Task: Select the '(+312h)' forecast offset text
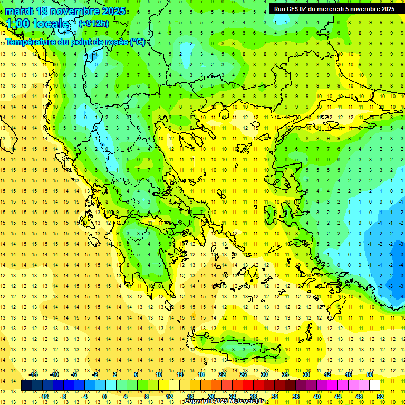(x=93, y=23)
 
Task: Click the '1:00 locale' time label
(x=38, y=24)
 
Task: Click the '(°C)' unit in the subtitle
(x=138, y=42)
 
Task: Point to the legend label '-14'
(x=33, y=374)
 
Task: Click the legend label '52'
(x=380, y=396)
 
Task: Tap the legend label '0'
(x=104, y=396)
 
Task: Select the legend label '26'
(x=243, y=374)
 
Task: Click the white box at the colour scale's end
(x=375, y=385)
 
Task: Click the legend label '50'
(x=370, y=374)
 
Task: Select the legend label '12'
(x=169, y=396)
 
